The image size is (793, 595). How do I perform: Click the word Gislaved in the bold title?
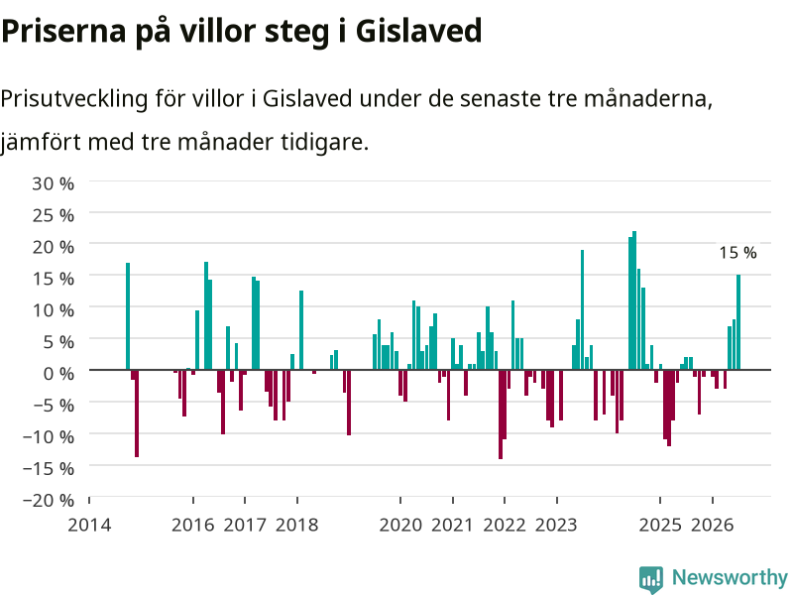coord(418,31)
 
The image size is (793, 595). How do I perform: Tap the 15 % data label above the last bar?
coord(737,253)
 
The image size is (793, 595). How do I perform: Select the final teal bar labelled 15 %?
coord(738,322)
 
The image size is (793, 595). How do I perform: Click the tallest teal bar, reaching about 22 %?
coord(634,300)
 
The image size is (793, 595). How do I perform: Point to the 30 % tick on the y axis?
coord(54,183)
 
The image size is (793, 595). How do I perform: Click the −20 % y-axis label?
coord(49,500)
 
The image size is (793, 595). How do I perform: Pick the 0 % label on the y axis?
coord(58,374)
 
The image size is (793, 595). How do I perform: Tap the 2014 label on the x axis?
coord(89,525)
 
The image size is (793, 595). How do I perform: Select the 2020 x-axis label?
coord(400,525)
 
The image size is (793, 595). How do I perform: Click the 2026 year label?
coord(712,525)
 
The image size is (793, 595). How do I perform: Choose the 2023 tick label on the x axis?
coord(556,525)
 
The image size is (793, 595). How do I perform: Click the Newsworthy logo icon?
coord(651,579)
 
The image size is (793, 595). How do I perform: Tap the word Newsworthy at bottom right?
coord(730,577)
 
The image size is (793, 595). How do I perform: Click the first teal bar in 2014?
coord(128,316)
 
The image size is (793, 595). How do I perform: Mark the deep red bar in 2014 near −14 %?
coord(137,414)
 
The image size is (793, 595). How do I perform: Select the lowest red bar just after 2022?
coord(501,415)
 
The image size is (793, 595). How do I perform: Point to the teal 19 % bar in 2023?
coord(582,310)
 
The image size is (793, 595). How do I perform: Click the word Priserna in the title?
coord(63,32)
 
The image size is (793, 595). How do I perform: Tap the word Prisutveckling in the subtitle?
coord(73,99)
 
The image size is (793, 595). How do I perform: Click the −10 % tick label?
coord(49,436)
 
